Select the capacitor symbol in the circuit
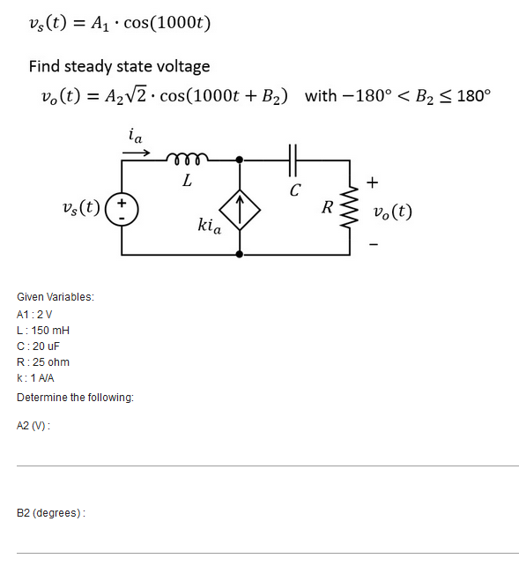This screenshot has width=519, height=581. [293, 160]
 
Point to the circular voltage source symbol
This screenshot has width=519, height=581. [122, 212]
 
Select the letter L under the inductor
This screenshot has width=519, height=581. [186, 182]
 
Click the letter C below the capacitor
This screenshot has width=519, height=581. [294, 189]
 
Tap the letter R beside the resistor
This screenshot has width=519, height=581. [328, 208]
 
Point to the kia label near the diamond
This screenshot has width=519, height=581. [209, 227]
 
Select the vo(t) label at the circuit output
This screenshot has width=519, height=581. [393, 212]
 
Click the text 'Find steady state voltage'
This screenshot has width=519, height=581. [119, 66]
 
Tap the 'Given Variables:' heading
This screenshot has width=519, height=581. [56, 297]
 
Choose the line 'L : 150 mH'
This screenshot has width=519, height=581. [43, 330]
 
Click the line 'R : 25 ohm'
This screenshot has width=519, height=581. [43, 361]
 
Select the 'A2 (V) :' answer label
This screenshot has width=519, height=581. [33, 425]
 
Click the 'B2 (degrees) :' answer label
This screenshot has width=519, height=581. [51, 512]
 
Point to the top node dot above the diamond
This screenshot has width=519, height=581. [241, 160]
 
